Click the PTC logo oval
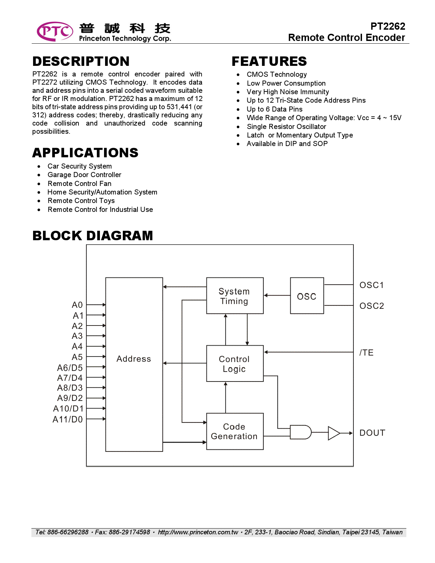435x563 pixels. click(55, 31)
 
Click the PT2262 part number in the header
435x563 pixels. click(388, 26)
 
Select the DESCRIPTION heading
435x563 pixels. click(81, 61)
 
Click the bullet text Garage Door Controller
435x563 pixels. click(84, 175)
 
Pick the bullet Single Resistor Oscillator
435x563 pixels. click(286, 127)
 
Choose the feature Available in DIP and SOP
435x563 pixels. click(287, 144)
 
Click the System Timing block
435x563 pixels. click(234, 296)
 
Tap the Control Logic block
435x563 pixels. click(234, 364)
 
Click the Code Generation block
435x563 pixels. click(234, 431)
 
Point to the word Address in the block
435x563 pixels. click(134, 359)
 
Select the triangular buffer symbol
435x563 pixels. click(333, 433)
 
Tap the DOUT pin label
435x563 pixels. click(372, 433)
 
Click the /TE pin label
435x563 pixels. click(366, 353)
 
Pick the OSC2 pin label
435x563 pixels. click(372, 306)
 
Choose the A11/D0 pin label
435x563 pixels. click(68, 419)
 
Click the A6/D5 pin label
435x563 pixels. click(70, 368)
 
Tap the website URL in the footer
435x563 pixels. click(198, 532)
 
